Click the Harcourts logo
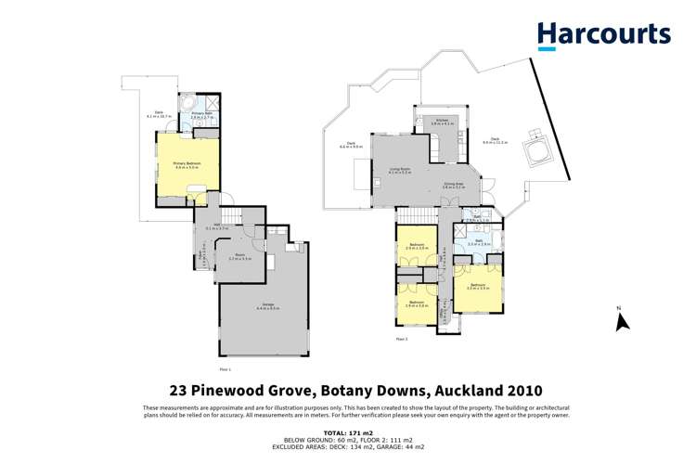tap(603, 35)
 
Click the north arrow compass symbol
tap(623, 320)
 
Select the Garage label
tap(264, 306)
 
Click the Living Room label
tap(399, 171)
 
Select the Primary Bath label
tap(202, 115)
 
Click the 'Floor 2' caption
tap(401, 340)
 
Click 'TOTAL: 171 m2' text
tap(347, 433)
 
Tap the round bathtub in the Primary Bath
tap(187, 102)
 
